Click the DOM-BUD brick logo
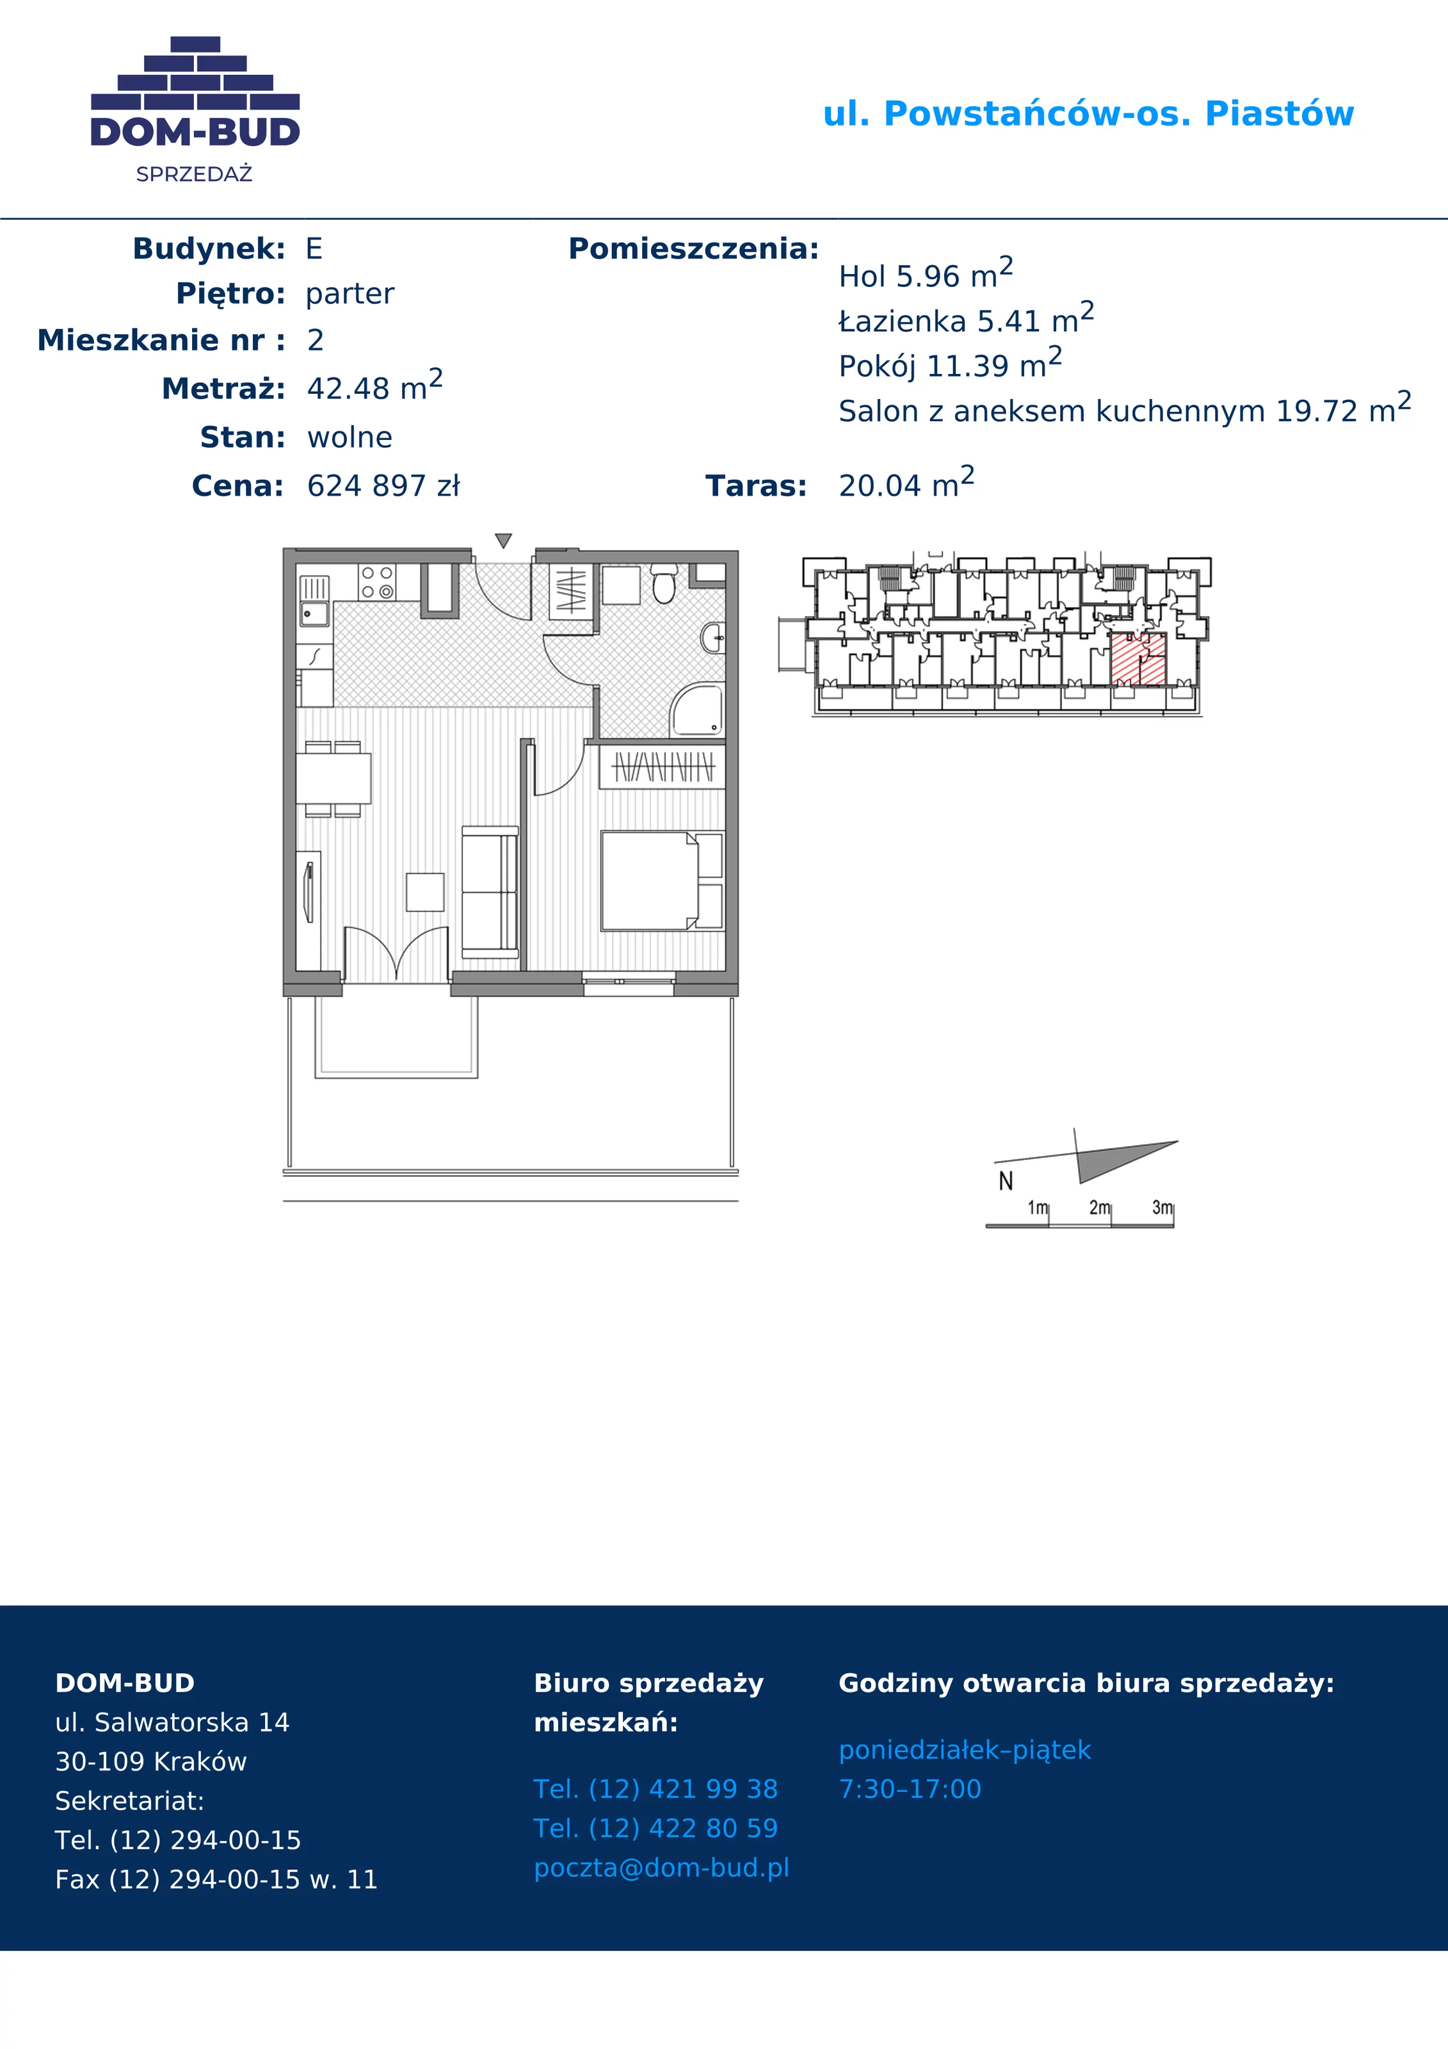[x=195, y=109]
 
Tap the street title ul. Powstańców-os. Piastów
[x=1088, y=114]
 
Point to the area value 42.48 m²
[x=374, y=385]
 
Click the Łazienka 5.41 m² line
[x=966, y=319]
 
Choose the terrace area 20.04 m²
[x=906, y=483]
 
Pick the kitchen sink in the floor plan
[x=314, y=601]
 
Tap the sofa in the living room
[x=490, y=891]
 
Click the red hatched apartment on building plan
[x=1138, y=660]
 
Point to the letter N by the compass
[x=1006, y=1181]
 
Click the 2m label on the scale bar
[x=1099, y=1208]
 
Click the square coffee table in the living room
[x=426, y=891]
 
